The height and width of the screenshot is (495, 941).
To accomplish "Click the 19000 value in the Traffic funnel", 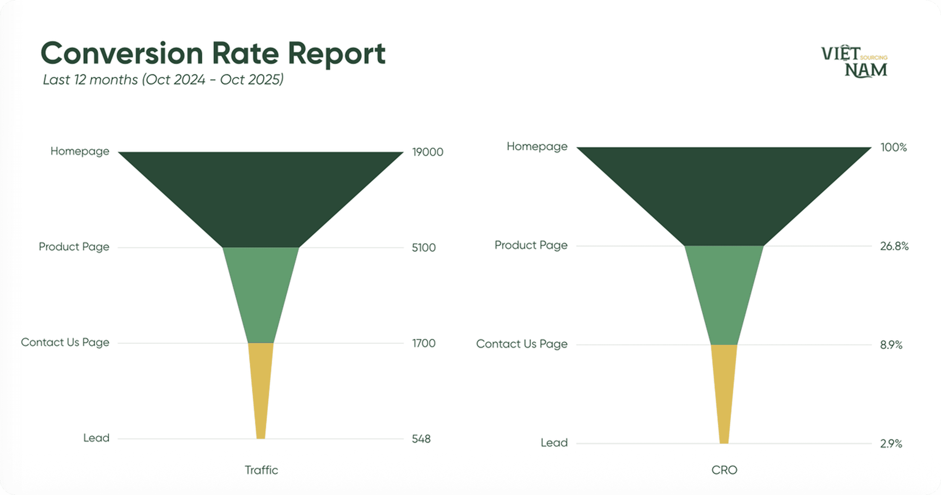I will [x=427, y=152].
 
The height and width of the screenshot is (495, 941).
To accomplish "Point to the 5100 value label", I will [x=423, y=248].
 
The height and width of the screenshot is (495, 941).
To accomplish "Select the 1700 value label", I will [x=423, y=343].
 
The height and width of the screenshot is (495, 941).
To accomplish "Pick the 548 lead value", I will [x=421, y=439].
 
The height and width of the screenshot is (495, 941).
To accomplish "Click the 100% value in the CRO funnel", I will [x=893, y=148].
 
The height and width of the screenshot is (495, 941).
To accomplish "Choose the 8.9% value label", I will [x=891, y=345].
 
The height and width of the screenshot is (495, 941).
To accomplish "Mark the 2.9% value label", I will [x=891, y=444].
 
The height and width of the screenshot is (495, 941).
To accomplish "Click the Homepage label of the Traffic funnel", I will [x=80, y=151].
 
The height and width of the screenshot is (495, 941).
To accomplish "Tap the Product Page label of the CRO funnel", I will [x=531, y=245].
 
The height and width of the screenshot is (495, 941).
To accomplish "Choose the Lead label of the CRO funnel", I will [x=554, y=443].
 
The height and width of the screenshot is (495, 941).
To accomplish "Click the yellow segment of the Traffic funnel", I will [x=261, y=384].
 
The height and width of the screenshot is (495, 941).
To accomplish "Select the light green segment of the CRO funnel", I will [x=724, y=292].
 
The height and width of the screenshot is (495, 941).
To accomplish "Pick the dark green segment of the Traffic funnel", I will [x=261, y=197].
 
